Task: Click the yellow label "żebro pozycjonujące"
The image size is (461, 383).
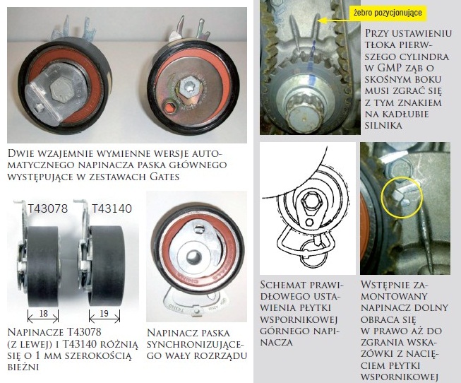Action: tap(388, 13)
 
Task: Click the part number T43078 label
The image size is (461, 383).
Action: tap(47, 208)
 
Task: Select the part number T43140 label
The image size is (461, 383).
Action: tap(112, 208)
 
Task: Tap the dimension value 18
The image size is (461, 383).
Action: tap(44, 313)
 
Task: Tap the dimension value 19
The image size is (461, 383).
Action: tap(104, 313)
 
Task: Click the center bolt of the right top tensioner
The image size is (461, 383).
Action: tap(188, 88)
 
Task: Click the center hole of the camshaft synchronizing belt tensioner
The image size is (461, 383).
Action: tap(193, 256)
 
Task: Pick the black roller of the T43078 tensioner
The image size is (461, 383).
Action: tap(43, 266)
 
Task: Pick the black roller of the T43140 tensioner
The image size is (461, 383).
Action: tap(107, 266)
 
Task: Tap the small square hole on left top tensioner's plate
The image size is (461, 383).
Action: tap(38, 109)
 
